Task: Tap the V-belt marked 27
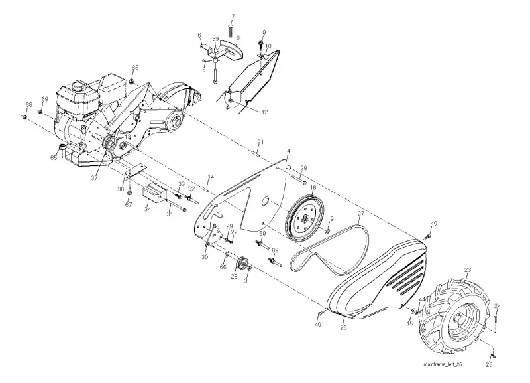[331, 249]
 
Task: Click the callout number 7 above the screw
[233, 17]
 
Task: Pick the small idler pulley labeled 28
[242, 264]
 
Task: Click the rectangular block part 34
[155, 192]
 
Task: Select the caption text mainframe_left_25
[443, 364]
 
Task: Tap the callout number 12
[264, 112]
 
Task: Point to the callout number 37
[94, 177]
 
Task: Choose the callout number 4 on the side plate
[288, 151]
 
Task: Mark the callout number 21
[260, 141]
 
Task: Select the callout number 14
[211, 177]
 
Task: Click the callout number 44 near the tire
[422, 299]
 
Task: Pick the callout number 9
[264, 32]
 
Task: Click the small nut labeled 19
[327, 231]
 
